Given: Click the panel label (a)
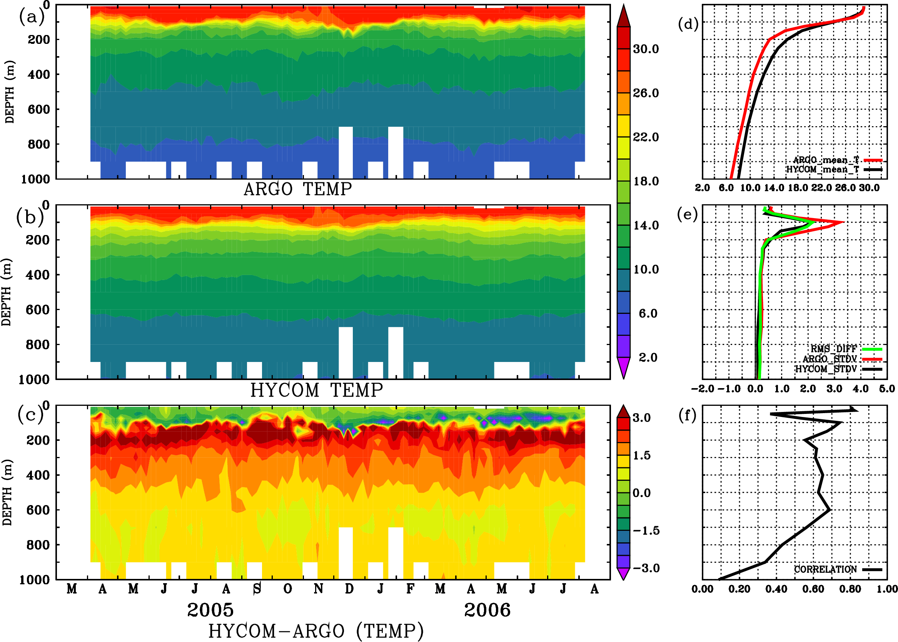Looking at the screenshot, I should coord(32,17).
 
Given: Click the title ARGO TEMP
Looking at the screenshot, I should coord(297,189).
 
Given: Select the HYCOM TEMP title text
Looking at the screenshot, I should coord(316,390).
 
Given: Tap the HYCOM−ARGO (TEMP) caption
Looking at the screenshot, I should coord(315,630).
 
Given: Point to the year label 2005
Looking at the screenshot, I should coord(210,610).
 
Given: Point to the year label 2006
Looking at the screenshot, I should coord(487,610).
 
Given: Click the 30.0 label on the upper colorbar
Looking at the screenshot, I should coord(646,49).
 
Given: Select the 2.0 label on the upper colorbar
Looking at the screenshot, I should coord(648,357).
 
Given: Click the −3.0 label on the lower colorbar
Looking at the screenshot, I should coord(646,568).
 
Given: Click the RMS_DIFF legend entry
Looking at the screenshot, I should coord(833,349).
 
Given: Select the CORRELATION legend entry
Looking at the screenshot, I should coord(826,569).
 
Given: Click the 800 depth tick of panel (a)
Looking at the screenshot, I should coord(38,144).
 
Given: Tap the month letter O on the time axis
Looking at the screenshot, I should coord(287,589).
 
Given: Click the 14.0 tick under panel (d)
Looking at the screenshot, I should coord(774,188).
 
